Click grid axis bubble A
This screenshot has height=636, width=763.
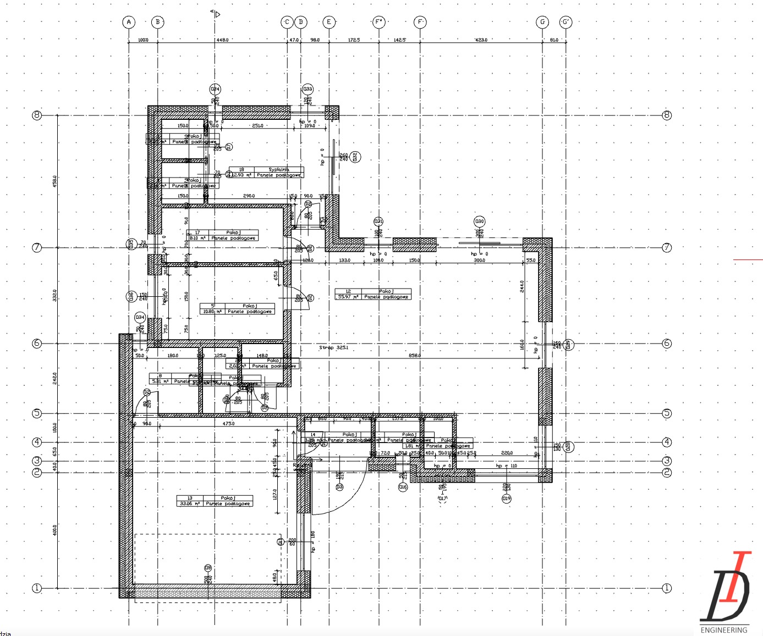click(x=129, y=22)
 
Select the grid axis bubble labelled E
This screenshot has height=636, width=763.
click(x=329, y=22)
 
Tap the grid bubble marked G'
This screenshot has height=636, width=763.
click(x=566, y=22)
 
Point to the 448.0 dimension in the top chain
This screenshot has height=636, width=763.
click(x=222, y=40)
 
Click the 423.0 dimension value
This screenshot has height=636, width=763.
click(x=481, y=40)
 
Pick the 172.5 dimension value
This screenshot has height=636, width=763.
click(x=354, y=40)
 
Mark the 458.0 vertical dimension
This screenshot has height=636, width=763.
click(x=54, y=181)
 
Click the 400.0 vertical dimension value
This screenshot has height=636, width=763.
click(x=54, y=530)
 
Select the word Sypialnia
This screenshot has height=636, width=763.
click(x=279, y=170)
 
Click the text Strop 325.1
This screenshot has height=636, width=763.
click(x=334, y=348)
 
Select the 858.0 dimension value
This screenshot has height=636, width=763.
click(x=414, y=356)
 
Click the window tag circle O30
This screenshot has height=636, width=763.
click(x=480, y=222)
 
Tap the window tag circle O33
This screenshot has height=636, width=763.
click(x=308, y=89)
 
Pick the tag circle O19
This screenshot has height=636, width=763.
click(x=506, y=499)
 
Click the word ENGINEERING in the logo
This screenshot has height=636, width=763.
click(x=723, y=630)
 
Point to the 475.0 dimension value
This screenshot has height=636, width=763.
click(x=228, y=424)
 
